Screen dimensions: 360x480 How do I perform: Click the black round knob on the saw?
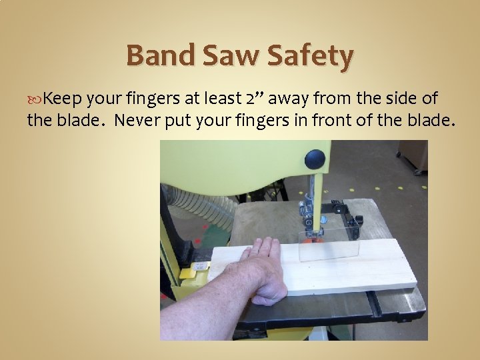point(315,159)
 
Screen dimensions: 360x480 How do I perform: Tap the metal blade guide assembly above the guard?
point(309,209)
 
